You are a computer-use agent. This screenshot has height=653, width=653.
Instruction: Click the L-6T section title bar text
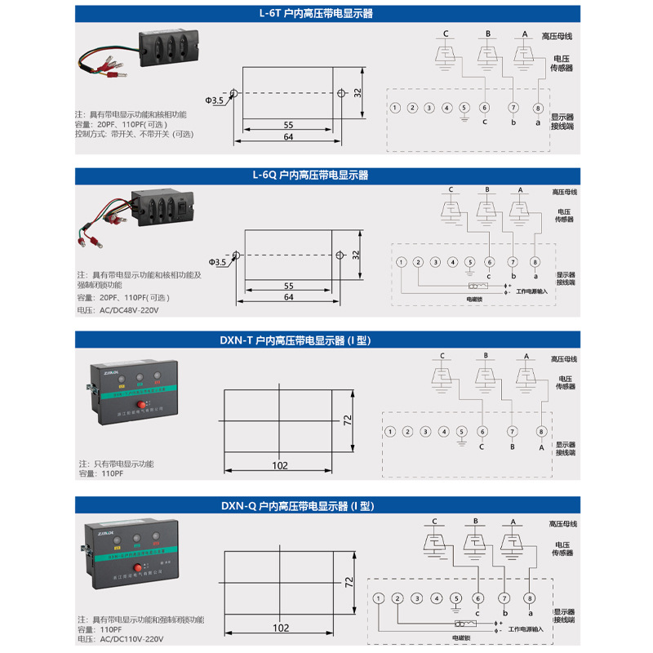327,14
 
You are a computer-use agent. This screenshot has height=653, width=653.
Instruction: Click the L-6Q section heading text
327,175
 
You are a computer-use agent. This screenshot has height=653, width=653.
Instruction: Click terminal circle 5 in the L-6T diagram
464,108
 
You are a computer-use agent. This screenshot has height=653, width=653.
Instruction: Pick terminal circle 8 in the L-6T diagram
537,108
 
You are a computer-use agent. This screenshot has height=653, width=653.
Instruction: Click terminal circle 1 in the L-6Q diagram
402,262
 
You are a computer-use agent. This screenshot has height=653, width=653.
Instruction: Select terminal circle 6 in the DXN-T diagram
482,432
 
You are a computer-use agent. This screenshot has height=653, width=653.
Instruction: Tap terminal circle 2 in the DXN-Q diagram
398,599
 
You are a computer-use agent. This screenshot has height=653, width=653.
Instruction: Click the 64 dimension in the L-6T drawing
289,137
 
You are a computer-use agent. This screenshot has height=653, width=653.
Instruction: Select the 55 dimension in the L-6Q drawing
289,287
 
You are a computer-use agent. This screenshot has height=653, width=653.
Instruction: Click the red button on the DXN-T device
140,405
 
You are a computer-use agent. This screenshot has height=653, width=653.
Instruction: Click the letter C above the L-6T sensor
446,33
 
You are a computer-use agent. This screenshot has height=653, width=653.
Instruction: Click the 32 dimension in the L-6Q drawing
356,255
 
